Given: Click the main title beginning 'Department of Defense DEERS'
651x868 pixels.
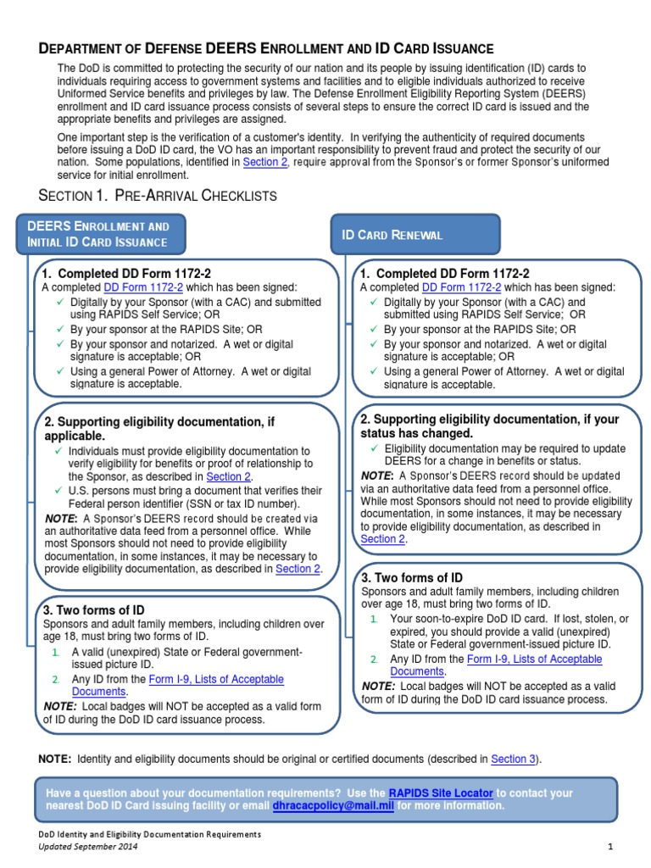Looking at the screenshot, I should coord(266,49).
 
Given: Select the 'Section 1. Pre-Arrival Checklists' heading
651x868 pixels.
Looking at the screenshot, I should coord(159,195).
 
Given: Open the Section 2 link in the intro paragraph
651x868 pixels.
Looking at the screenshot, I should coord(265,162).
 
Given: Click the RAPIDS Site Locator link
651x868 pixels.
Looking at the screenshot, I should coord(440,793).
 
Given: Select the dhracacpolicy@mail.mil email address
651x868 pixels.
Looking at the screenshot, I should coord(332,806).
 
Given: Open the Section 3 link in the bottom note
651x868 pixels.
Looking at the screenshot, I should coord(514,759).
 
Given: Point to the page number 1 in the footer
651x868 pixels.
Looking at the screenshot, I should coord(609,847).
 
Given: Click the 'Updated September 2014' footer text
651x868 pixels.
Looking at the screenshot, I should coord(88,847).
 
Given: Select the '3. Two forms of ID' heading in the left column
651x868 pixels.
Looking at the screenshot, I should coord(94,609).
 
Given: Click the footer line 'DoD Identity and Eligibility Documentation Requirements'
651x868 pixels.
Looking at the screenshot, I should coord(150,834).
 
